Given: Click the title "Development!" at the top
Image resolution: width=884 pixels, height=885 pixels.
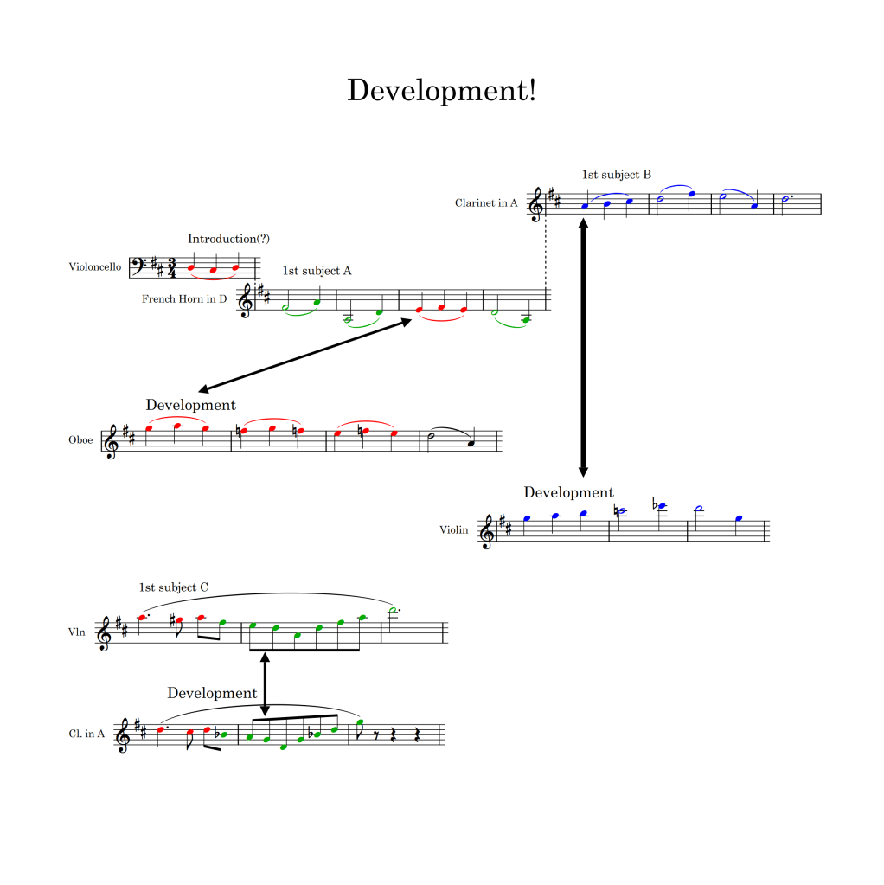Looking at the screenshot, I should tap(441, 90).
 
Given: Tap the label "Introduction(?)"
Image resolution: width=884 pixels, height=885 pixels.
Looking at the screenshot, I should tap(222, 239).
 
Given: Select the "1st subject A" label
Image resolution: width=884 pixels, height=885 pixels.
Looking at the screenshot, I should tap(317, 271).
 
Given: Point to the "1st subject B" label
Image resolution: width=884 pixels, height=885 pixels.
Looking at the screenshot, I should tap(617, 175).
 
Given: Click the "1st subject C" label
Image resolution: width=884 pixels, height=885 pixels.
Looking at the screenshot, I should tap(173, 587).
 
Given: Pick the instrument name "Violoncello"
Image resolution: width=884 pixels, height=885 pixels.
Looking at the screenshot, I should tap(95, 266).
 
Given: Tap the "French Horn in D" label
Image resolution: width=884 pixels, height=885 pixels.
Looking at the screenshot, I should tap(184, 299).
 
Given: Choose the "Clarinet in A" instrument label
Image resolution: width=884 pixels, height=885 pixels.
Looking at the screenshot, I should tap(486, 203).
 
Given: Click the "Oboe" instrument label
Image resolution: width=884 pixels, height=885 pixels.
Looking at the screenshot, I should tap(80, 439).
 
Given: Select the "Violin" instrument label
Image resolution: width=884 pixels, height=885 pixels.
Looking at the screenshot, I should tap(453, 530).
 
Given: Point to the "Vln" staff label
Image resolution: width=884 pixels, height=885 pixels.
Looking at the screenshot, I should tap(78, 632).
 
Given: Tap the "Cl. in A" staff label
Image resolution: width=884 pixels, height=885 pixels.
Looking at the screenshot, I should tap(86, 734).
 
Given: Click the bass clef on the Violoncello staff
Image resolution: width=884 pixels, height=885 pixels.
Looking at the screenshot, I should tap(138, 266).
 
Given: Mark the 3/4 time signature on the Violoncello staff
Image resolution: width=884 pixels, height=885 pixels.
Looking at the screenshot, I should tap(172, 267).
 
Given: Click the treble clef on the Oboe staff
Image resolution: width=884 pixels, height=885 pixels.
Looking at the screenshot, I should tap(112, 440).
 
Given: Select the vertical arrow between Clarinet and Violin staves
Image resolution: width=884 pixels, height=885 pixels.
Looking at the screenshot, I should tap(583, 347).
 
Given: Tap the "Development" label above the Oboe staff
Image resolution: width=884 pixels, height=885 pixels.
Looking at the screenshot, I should tap(190, 405).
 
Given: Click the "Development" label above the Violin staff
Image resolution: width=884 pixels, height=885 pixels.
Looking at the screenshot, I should tap(568, 492).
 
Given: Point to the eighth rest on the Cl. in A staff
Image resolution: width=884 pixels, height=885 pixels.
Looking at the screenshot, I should tap(376, 734).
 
